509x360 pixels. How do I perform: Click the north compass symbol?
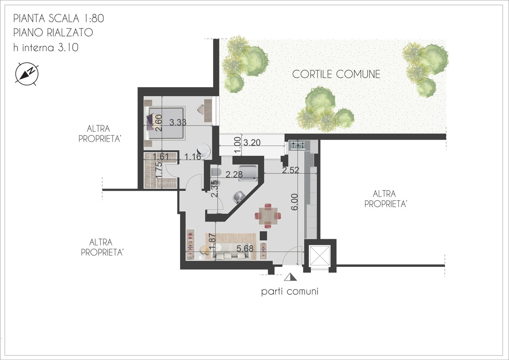pyautogui.click(x=27, y=74)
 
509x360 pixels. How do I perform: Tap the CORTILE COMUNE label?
pyautogui.click(x=336, y=74)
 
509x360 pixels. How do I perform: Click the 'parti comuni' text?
pyautogui.click(x=290, y=292)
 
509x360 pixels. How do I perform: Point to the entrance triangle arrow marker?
pyautogui.click(x=290, y=277)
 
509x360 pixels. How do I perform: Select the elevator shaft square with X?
pyautogui.click(x=320, y=256)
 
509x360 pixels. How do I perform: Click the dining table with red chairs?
pyautogui.click(x=268, y=216)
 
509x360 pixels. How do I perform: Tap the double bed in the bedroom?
pyautogui.click(x=165, y=123)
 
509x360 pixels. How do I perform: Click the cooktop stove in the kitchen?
pyautogui.click(x=298, y=145)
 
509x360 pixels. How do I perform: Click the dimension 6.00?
pyautogui.click(x=294, y=202)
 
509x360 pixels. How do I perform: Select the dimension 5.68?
pyautogui.click(x=245, y=248)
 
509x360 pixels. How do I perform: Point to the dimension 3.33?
pyautogui.click(x=178, y=122)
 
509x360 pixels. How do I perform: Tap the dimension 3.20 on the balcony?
pyautogui.click(x=252, y=142)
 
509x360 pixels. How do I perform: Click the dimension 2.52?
pyautogui.click(x=290, y=170)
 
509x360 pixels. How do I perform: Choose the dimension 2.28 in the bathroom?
pyautogui.click(x=234, y=174)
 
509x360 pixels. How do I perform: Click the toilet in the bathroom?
pyautogui.click(x=216, y=172)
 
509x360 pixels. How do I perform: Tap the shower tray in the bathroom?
pyautogui.click(x=248, y=173)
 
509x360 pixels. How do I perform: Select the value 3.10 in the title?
pyautogui.click(x=68, y=47)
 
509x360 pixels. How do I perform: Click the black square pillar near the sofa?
pyautogui.click(x=263, y=235)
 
